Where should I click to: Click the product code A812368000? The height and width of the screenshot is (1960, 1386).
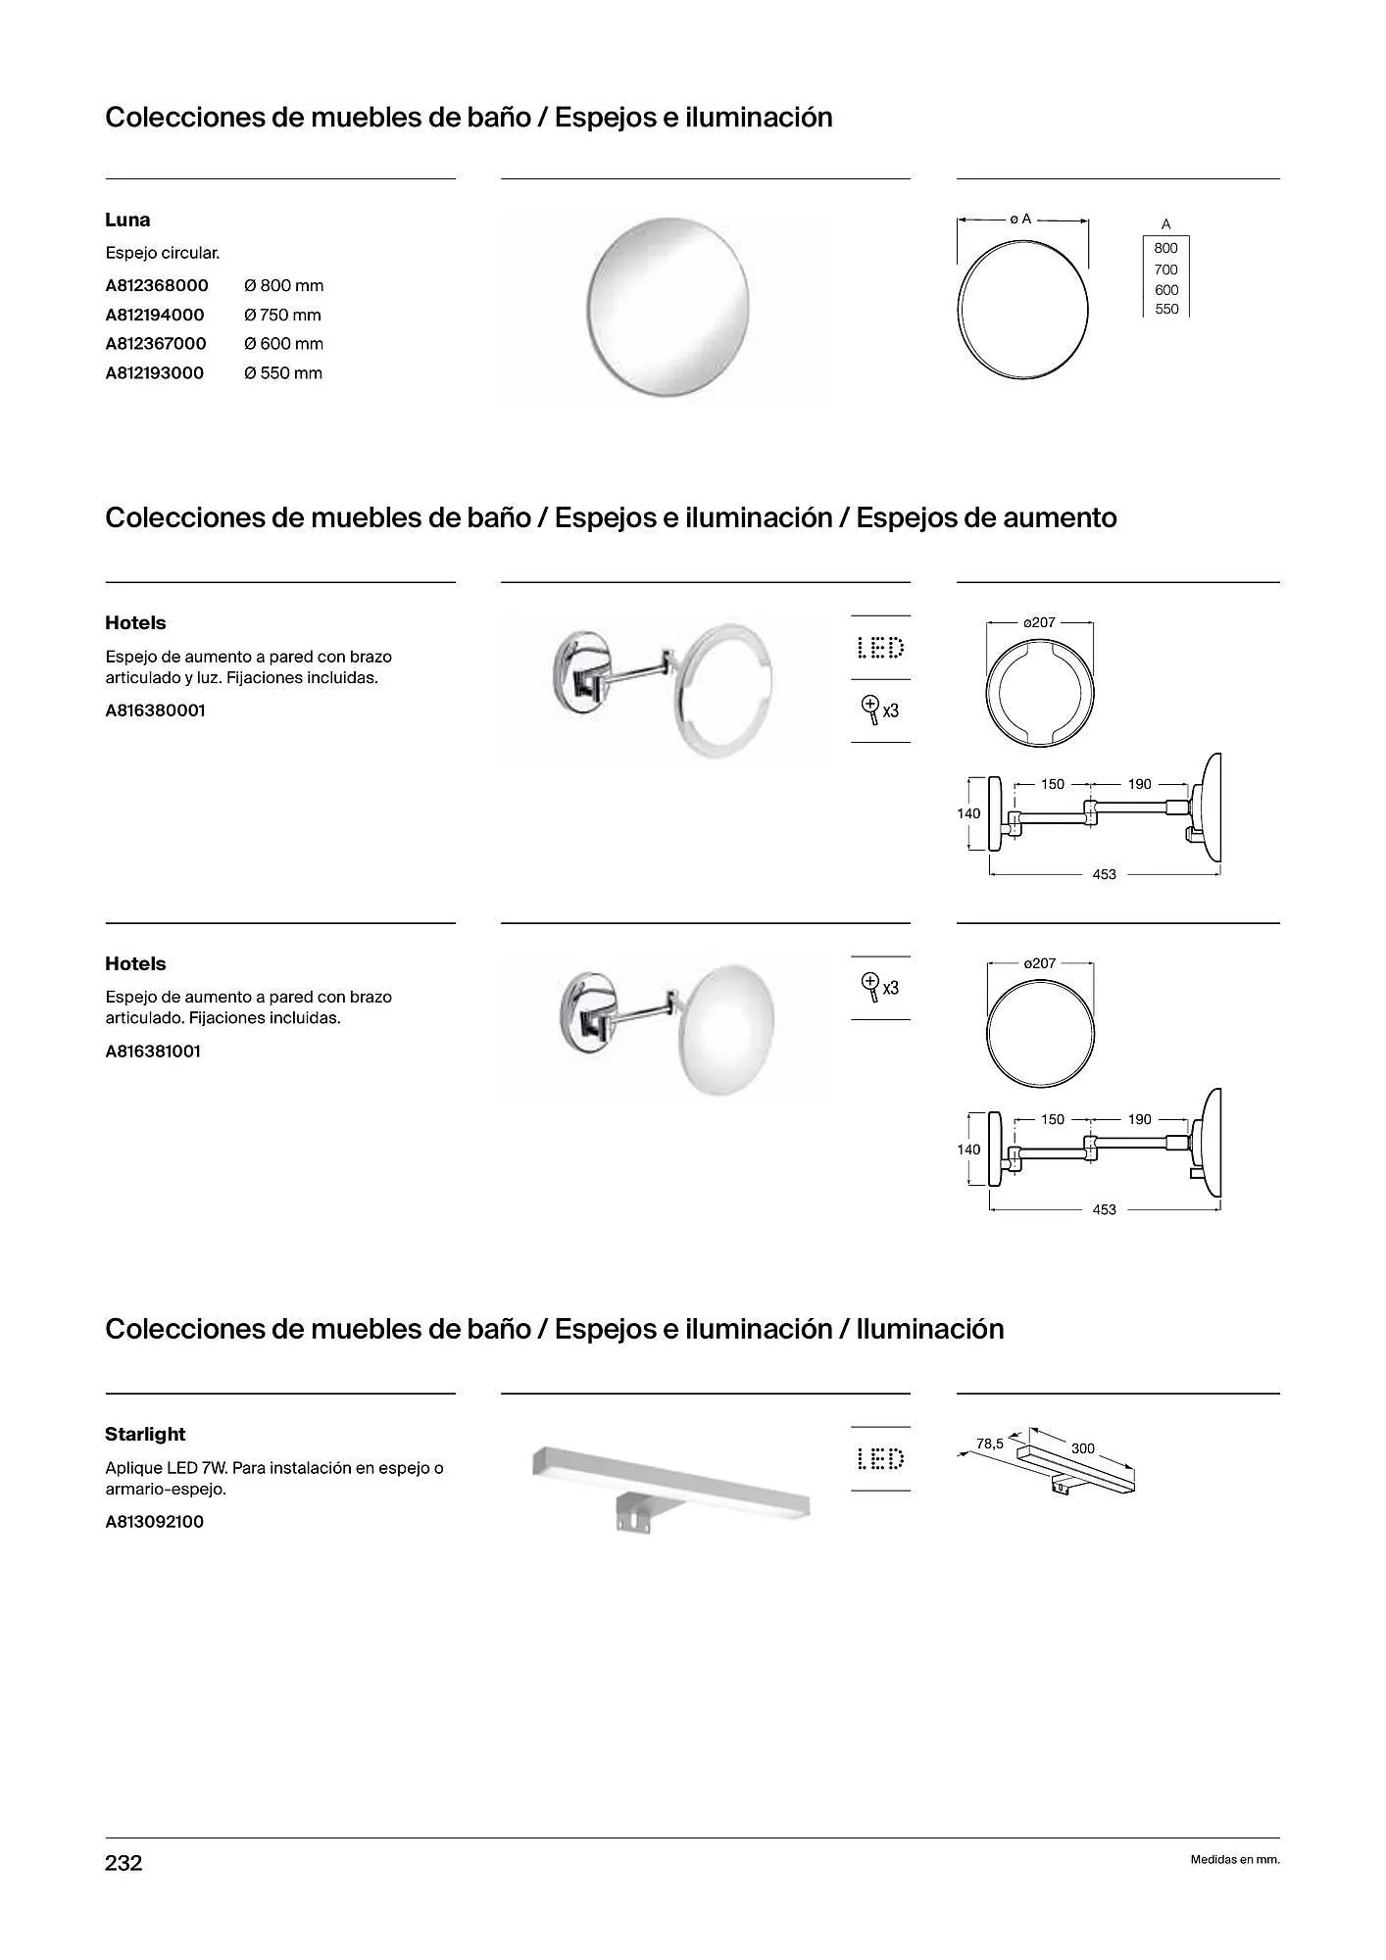click(157, 286)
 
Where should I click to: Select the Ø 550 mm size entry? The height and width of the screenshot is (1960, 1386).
click(283, 373)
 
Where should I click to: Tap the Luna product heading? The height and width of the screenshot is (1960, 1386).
click(127, 220)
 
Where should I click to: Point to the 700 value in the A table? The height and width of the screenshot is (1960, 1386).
click(1165, 269)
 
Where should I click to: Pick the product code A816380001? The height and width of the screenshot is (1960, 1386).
click(155, 710)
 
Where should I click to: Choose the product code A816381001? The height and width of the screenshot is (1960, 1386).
click(153, 1052)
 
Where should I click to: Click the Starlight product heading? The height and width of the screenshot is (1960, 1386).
click(145, 1435)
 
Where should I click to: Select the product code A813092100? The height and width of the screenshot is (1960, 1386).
click(154, 1522)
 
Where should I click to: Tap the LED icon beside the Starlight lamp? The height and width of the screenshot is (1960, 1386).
click(880, 1460)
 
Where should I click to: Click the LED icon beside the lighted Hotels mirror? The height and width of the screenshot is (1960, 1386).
click(880, 648)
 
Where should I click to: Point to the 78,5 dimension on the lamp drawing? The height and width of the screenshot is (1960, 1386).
click(990, 1444)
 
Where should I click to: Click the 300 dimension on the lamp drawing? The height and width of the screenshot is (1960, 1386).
click(1082, 1448)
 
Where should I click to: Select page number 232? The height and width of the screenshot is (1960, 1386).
click(124, 1863)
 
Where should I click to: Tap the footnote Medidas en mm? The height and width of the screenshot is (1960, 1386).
click(1234, 1860)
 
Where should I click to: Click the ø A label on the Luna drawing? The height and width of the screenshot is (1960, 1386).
click(1020, 220)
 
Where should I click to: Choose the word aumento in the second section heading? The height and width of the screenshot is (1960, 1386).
click(1059, 517)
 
